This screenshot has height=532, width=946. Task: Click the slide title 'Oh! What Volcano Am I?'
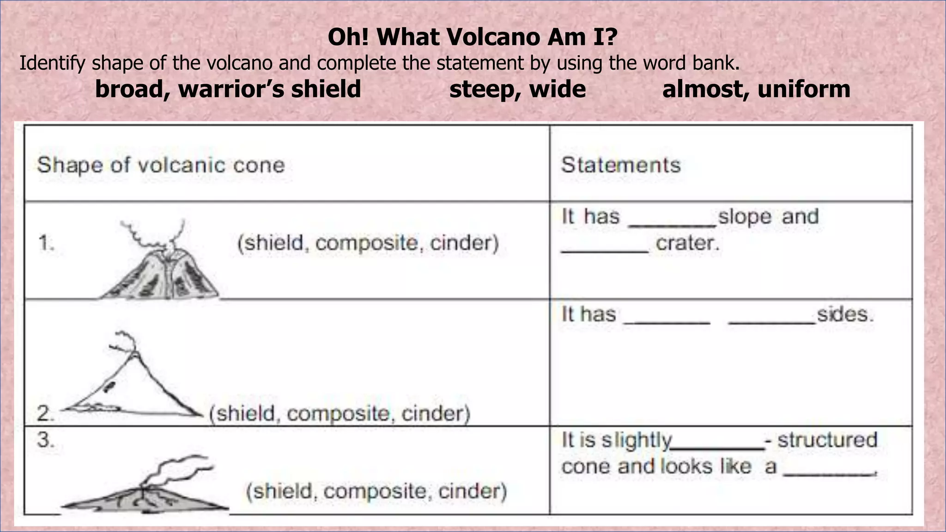tap(473, 37)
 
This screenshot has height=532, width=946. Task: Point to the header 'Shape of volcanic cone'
tap(161, 165)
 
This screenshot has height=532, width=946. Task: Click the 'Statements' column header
tap(621, 165)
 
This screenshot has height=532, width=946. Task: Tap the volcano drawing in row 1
tap(159, 263)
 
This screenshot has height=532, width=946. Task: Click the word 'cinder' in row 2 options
tap(436, 413)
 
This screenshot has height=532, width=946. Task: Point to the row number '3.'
tap(45, 440)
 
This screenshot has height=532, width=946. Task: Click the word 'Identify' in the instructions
tap(52, 63)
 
